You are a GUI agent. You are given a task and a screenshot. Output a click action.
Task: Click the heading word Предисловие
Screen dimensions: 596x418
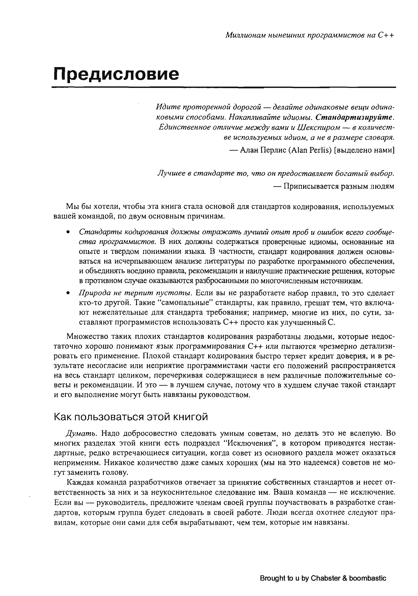(116, 74)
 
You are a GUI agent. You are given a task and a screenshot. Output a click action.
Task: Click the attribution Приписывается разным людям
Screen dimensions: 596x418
(339, 186)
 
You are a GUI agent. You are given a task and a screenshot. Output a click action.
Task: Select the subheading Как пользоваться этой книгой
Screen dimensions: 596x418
(131, 417)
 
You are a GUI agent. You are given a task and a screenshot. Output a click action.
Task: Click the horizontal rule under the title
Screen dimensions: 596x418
(224, 87)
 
